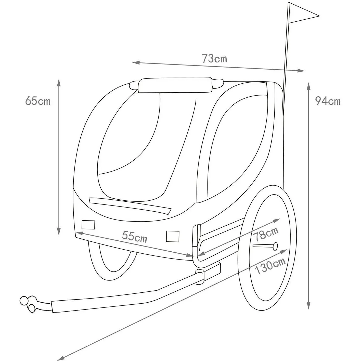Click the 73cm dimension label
point(214,58)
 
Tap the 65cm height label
point(38,101)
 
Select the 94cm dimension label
point(328,101)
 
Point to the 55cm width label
point(134,236)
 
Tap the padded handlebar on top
point(175,85)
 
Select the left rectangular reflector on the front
point(88,225)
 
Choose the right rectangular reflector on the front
point(173,236)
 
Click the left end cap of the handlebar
point(134,85)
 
